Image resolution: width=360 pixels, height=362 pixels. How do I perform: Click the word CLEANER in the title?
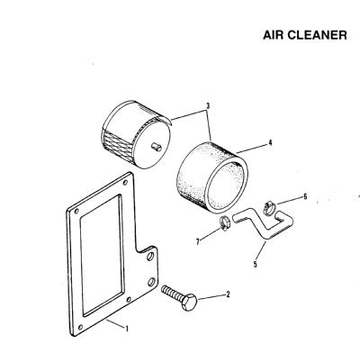[x=318, y=35]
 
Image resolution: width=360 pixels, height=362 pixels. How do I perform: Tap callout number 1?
[x=127, y=329]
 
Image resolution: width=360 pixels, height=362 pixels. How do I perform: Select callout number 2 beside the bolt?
[x=228, y=294]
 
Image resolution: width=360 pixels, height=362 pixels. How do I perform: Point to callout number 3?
[x=208, y=106]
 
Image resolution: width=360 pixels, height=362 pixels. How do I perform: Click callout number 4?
[x=270, y=142]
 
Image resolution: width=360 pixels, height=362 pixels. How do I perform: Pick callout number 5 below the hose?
[x=255, y=264]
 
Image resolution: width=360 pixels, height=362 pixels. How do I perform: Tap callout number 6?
[x=305, y=196]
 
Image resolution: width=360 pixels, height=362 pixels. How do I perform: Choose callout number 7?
[x=198, y=241]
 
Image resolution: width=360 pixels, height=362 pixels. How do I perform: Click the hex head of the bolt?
[x=189, y=303]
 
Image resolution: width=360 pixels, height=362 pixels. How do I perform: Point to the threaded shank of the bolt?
[x=173, y=294]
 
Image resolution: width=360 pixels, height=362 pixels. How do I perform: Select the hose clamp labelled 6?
[x=269, y=208]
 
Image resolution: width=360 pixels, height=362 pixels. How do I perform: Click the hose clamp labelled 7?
[x=224, y=223]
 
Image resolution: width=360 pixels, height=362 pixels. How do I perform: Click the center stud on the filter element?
[x=157, y=147]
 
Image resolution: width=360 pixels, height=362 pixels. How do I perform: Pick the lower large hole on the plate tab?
[x=151, y=282]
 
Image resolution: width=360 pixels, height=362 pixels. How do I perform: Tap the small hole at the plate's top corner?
[x=125, y=182]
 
